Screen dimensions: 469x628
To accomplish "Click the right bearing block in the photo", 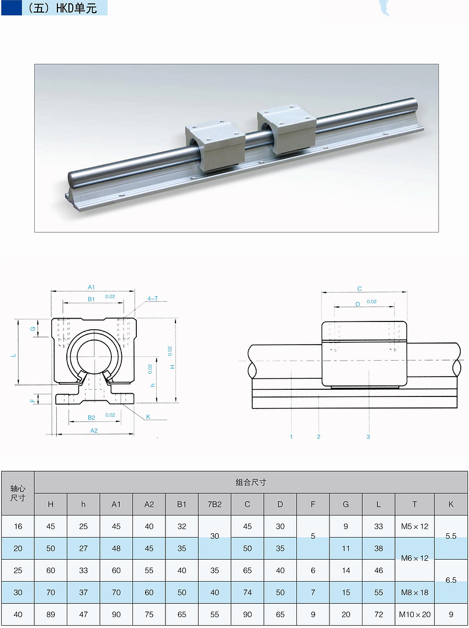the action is click(x=286, y=128).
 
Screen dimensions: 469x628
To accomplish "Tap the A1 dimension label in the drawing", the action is click(x=91, y=287).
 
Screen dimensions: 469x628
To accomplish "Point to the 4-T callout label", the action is click(x=153, y=298).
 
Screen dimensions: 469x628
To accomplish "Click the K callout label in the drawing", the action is click(x=148, y=416).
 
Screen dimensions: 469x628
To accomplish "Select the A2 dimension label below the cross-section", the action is click(x=94, y=431).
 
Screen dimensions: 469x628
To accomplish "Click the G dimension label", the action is click(x=34, y=329).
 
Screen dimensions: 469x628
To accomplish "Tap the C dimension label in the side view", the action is click(x=359, y=288).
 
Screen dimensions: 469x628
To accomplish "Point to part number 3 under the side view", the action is click(x=368, y=437).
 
